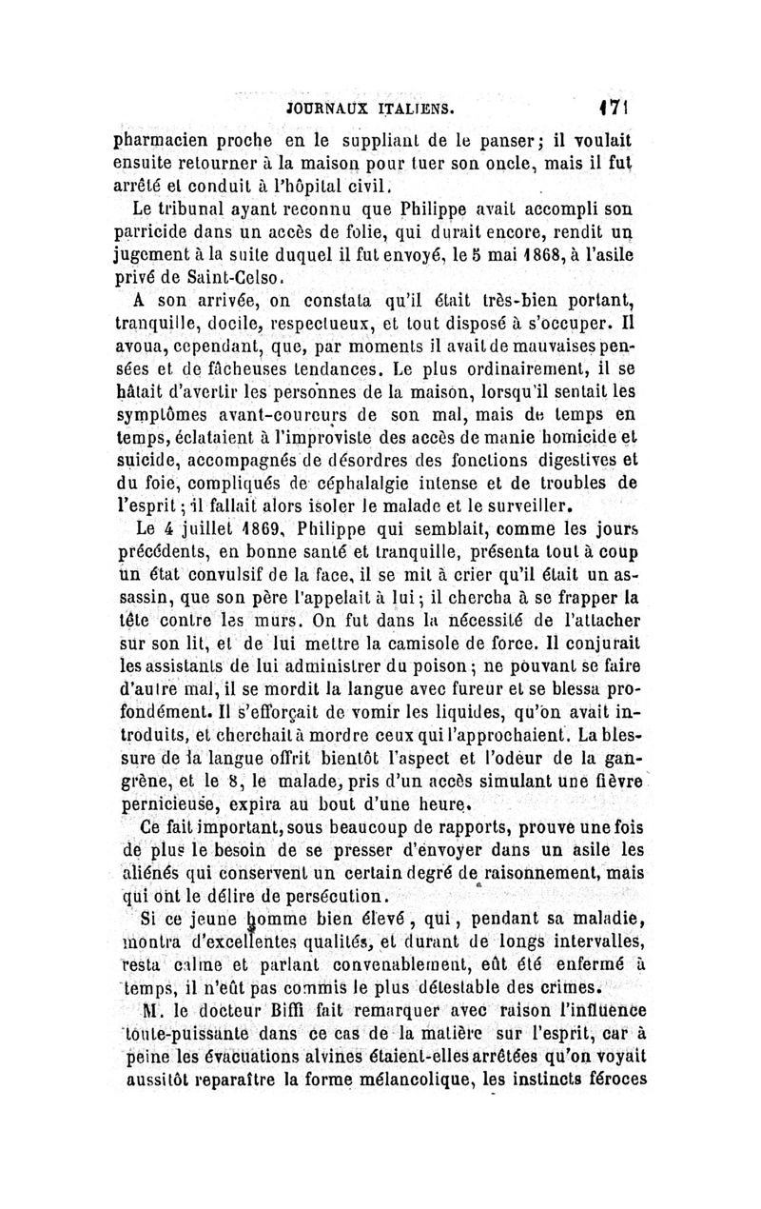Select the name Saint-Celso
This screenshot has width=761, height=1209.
click(x=234, y=280)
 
